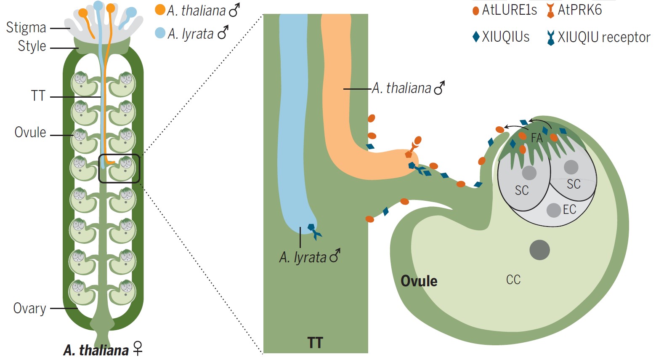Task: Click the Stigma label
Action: click(26, 27)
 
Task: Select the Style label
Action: click(32, 46)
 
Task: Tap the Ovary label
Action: click(29, 309)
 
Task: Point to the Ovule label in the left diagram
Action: click(30, 132)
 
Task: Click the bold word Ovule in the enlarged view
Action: click(419, 281)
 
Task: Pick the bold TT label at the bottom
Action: click(315, 342)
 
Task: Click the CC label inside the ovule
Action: click(513, 280)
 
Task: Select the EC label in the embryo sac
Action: click(569, 209)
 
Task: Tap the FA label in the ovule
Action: click(536, 138)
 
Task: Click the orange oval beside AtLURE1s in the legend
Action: click(475, 11)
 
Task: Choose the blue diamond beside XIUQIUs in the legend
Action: click(476, 37)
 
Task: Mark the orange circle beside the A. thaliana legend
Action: click(160, 10)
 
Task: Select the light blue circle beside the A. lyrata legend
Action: click(160, 33)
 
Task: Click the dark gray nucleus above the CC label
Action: click(540, 250)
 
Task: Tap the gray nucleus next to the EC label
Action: click(553, 210)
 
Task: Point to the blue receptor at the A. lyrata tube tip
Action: click(314, 231)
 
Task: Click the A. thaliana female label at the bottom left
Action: click(103, 350)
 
